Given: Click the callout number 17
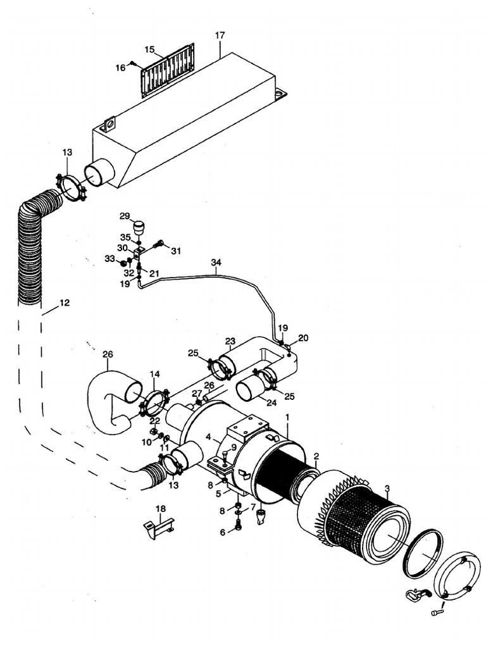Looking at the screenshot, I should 220,35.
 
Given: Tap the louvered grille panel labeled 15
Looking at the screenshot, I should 167,70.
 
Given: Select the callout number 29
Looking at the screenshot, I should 124,216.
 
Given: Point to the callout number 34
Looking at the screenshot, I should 216,262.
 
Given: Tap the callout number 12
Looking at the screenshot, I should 65,303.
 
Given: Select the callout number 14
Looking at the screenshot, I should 155,375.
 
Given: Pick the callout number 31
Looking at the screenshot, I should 175,251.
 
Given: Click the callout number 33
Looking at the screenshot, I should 109,259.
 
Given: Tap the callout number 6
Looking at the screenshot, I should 222,532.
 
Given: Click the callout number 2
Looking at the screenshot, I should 316,456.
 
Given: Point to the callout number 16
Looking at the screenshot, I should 120,68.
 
